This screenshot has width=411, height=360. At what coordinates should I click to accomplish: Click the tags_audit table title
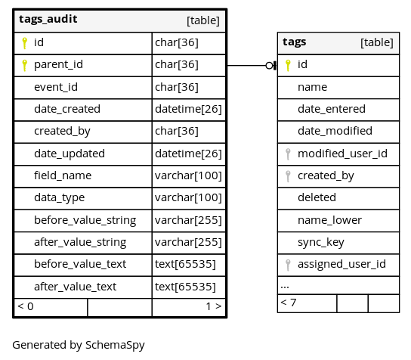(x=48, y=19)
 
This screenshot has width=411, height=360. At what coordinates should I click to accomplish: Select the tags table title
(x=295, y=42)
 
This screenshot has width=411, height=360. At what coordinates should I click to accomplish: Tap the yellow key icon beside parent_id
(x=25, y=65)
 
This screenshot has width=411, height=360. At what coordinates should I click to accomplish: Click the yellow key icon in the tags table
(x=288, y=65)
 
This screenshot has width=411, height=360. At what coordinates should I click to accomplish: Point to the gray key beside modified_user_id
(x=288, y=154)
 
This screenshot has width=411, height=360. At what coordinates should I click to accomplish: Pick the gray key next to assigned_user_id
(x=288, y=265)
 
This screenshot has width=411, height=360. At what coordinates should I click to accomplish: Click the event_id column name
(x=56, y=87)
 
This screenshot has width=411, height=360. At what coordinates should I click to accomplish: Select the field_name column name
(x=63, y=175)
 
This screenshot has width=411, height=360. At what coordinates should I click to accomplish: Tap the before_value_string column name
(x=85, y=220)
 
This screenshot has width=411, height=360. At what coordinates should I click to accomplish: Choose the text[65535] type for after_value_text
(x=185, y=287)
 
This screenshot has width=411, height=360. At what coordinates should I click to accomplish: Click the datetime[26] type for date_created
(x=188, y=109)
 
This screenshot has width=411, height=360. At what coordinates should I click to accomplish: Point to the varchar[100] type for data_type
(x=188, y=197)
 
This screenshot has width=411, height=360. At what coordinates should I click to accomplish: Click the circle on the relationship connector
(x=269, y=65)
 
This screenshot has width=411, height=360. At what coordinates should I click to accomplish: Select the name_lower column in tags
(x=329, y=220)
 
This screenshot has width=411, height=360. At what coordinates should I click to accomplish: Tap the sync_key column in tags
(x=321, y=243)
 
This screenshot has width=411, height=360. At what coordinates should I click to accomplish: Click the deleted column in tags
(x=317, y=197)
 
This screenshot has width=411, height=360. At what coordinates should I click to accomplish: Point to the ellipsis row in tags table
(x=285, y=287)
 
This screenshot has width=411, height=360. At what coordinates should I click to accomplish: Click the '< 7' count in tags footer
(x=289, y=303)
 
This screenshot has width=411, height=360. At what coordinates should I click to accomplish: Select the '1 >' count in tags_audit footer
(x=214, y=306)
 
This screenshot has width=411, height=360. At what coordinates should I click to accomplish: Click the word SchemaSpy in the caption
(x=115, y=346)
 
